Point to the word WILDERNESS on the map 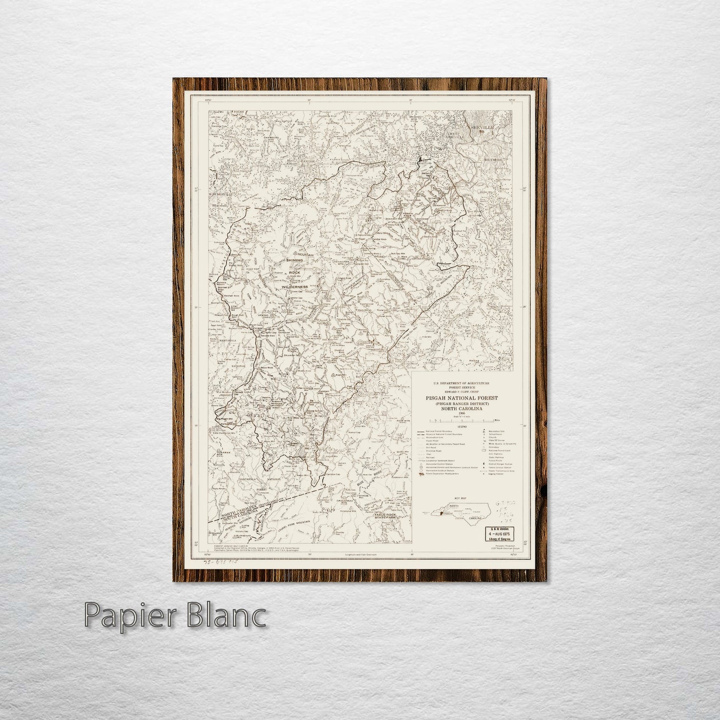tap(294, 288)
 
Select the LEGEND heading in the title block tap(462, 427)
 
